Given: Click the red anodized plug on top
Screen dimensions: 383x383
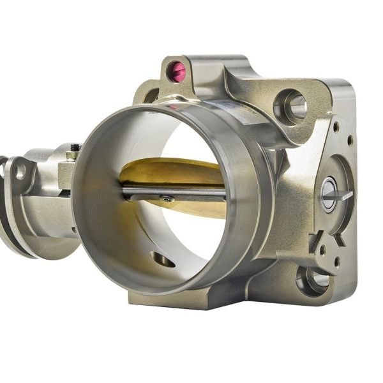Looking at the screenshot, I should point(177,71).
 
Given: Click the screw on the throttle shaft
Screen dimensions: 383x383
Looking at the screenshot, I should point(167,199).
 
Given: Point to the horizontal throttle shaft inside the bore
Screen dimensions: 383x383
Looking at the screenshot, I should point(191,192).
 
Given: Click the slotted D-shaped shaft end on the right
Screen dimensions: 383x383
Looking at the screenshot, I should point(330,194).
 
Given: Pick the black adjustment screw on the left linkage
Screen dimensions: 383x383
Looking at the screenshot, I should point(75,148).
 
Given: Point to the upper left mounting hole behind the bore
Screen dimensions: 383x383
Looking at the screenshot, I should point(152,96).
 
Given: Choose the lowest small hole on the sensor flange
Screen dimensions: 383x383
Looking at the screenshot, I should point(336,261).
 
